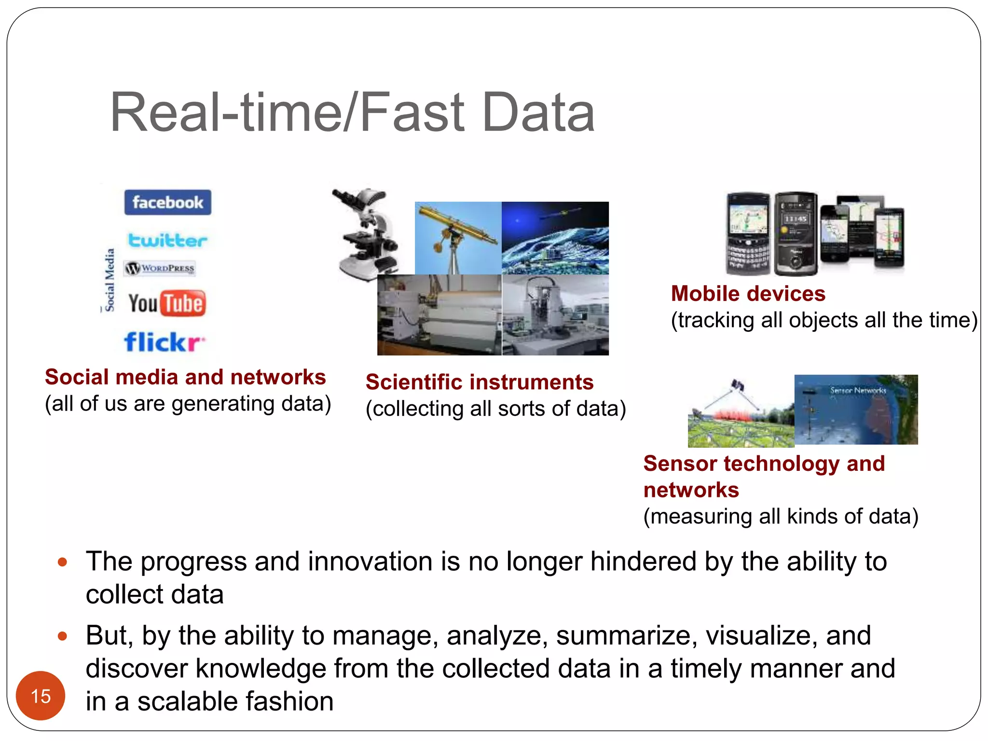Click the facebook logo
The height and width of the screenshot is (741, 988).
click(167, 202)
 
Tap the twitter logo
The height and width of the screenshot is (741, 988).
click(167, 240)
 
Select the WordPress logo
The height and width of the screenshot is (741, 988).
click(160, 268)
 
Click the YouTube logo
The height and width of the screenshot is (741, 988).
click(167, 303)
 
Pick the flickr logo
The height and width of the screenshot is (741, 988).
click(164, 342)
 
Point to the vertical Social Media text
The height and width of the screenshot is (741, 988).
click(110, 280)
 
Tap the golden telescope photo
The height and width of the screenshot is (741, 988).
click(457, 238)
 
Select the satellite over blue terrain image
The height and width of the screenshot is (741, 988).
click(555, 238)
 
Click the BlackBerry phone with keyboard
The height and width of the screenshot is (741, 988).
click(748, 233)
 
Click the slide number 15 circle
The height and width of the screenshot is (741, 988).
click(41, 696)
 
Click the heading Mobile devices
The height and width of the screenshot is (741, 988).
click(748, 293)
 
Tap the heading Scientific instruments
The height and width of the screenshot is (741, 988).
click(480, 382)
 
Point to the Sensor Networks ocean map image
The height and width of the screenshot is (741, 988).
click(856, 410)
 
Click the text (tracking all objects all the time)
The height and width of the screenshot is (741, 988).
click(824, 320)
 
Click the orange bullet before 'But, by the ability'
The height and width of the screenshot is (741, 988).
click(62, 636)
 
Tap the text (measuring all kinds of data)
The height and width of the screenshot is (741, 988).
click(781, 516)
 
